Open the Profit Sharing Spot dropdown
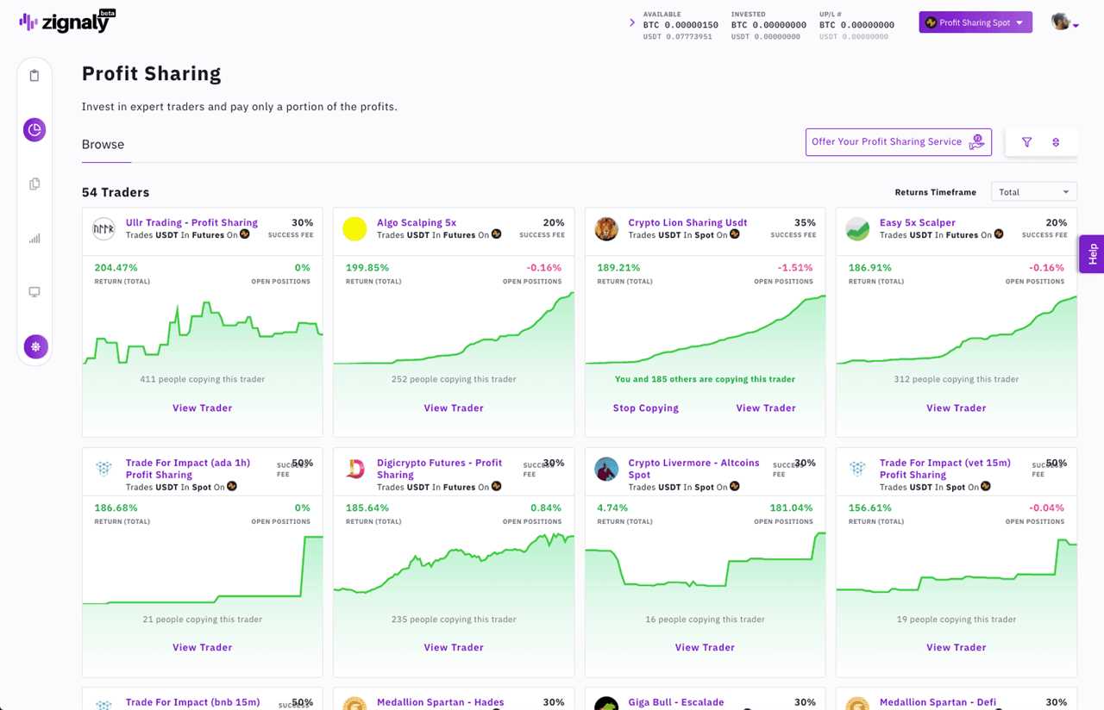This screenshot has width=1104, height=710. point(975,22)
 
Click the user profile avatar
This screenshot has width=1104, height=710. point(1061,22)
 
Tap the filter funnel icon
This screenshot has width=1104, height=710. point(1026,142)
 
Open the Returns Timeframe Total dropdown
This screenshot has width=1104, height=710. point(1033,192)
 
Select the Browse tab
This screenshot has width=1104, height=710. point(103,145)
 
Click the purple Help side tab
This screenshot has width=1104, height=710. point(1092,254)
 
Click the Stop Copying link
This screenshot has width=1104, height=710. point(645,408)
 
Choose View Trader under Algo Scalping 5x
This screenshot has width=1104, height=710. point(454,408)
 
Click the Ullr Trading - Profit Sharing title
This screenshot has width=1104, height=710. point(191,222)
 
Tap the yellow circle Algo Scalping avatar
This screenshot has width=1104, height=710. point(354,228)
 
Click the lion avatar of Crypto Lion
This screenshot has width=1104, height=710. point(606,228)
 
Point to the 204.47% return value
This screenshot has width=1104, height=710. point(116,268)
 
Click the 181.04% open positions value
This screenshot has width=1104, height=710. point(791,508)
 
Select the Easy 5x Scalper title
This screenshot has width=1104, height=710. point(917,222)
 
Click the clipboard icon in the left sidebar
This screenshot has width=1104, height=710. point(34,76)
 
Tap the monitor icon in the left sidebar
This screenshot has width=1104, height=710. point(34,292)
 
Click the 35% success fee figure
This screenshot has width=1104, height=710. point(804,222)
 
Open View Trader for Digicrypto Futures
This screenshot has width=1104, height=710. point(454,648)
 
